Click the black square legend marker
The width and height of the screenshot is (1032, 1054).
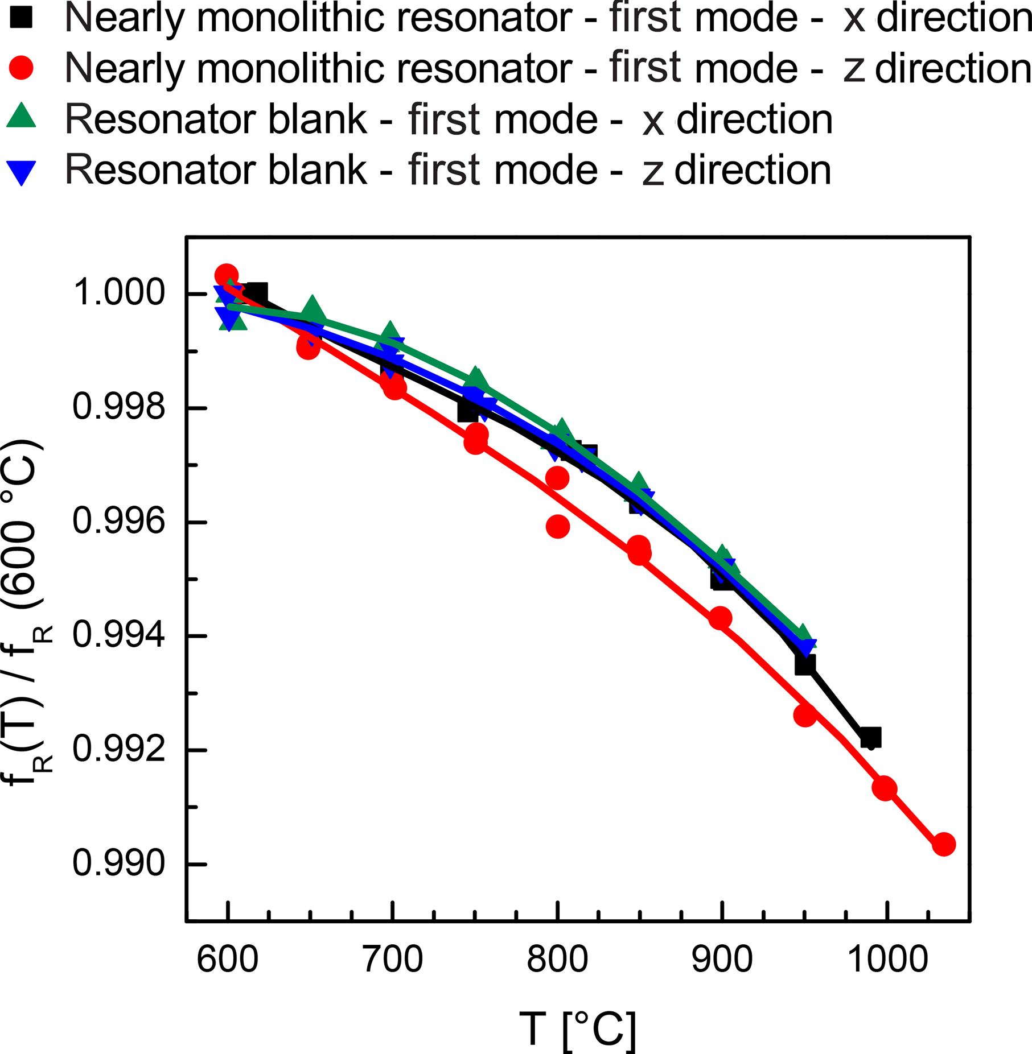pyautogui.click(x=21, y=18)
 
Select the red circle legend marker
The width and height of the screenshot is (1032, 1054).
pyautogui.click(x=21, y=68)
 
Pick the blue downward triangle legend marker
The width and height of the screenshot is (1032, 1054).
pyautogui.click(x=21, y=172)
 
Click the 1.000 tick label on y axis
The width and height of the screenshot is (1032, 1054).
pyautogui.click(x=119, y=294)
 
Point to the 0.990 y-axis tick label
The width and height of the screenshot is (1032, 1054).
pyautogui.click(x=119, y=864)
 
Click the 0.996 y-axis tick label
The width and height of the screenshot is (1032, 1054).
pyautogui.click(x=119, y=522)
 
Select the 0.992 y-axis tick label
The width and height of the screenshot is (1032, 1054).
pyautogui.click(x=119, y=750)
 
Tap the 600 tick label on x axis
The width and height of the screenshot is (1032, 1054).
pyautogui.click(x=228, y=960)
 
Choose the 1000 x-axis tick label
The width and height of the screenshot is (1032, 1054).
pyautogui.click(x=887, y=960)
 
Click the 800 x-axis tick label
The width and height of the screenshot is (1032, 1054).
pyautogui.click(x=557, y=960)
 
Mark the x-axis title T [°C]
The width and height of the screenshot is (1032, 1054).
pyautogui.click(x=578, y=1030)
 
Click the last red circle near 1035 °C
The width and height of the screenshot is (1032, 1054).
pyautogui.click(x=944, y=844)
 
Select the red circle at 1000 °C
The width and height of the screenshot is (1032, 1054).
pyautogui.click(x=885, y=789)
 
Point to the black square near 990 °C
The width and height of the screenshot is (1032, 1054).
pyautogui.click(x=870, y=738)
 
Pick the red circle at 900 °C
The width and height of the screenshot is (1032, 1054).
pyautogui.click(x=721, y=618)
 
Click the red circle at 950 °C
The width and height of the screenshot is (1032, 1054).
pyautogui.click(x=805, y=715)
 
